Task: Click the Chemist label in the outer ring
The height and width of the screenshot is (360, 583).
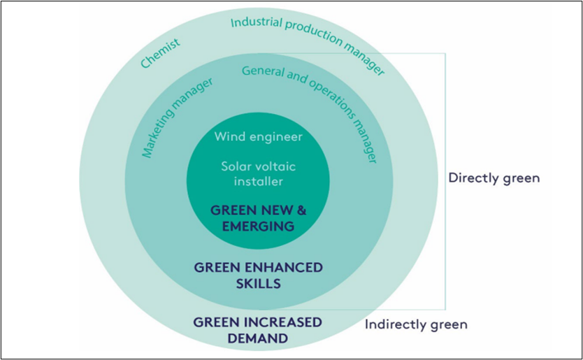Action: point(160,53)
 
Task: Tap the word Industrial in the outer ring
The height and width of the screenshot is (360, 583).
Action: point(257,22)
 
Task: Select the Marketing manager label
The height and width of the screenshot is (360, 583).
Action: point(177,117)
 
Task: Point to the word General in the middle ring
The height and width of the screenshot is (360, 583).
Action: point(264,71)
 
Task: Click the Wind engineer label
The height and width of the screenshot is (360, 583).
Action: point(259,137)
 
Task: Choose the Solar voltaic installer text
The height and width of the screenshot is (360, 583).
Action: point(259,173)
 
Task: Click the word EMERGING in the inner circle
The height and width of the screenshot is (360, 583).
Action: point(258,226)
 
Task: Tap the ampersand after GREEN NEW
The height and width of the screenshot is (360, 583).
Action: point(301,210)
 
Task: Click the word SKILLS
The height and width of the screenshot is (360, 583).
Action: point(259,283)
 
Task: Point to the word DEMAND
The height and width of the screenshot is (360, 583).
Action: point(258,338)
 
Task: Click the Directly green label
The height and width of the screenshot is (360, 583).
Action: point(494,178)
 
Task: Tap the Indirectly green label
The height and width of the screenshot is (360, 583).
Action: point(416,324)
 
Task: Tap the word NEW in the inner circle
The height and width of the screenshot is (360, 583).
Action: point(275,210)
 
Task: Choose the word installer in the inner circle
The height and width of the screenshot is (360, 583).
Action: point(259,181)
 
